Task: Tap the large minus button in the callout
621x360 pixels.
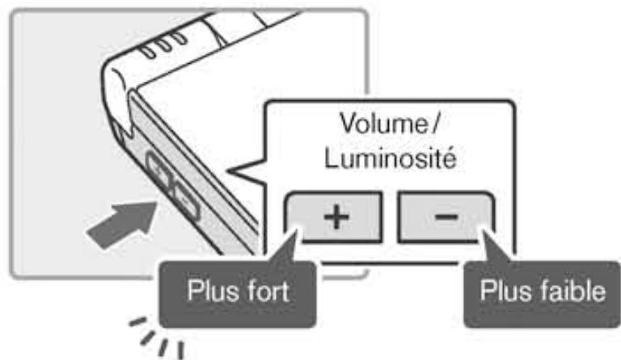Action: [x=444, y=217]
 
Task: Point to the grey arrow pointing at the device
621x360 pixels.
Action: [x=121, y=222]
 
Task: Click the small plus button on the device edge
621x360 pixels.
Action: [x=161, y=173]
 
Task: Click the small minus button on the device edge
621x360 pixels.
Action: [x=184, y=197]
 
